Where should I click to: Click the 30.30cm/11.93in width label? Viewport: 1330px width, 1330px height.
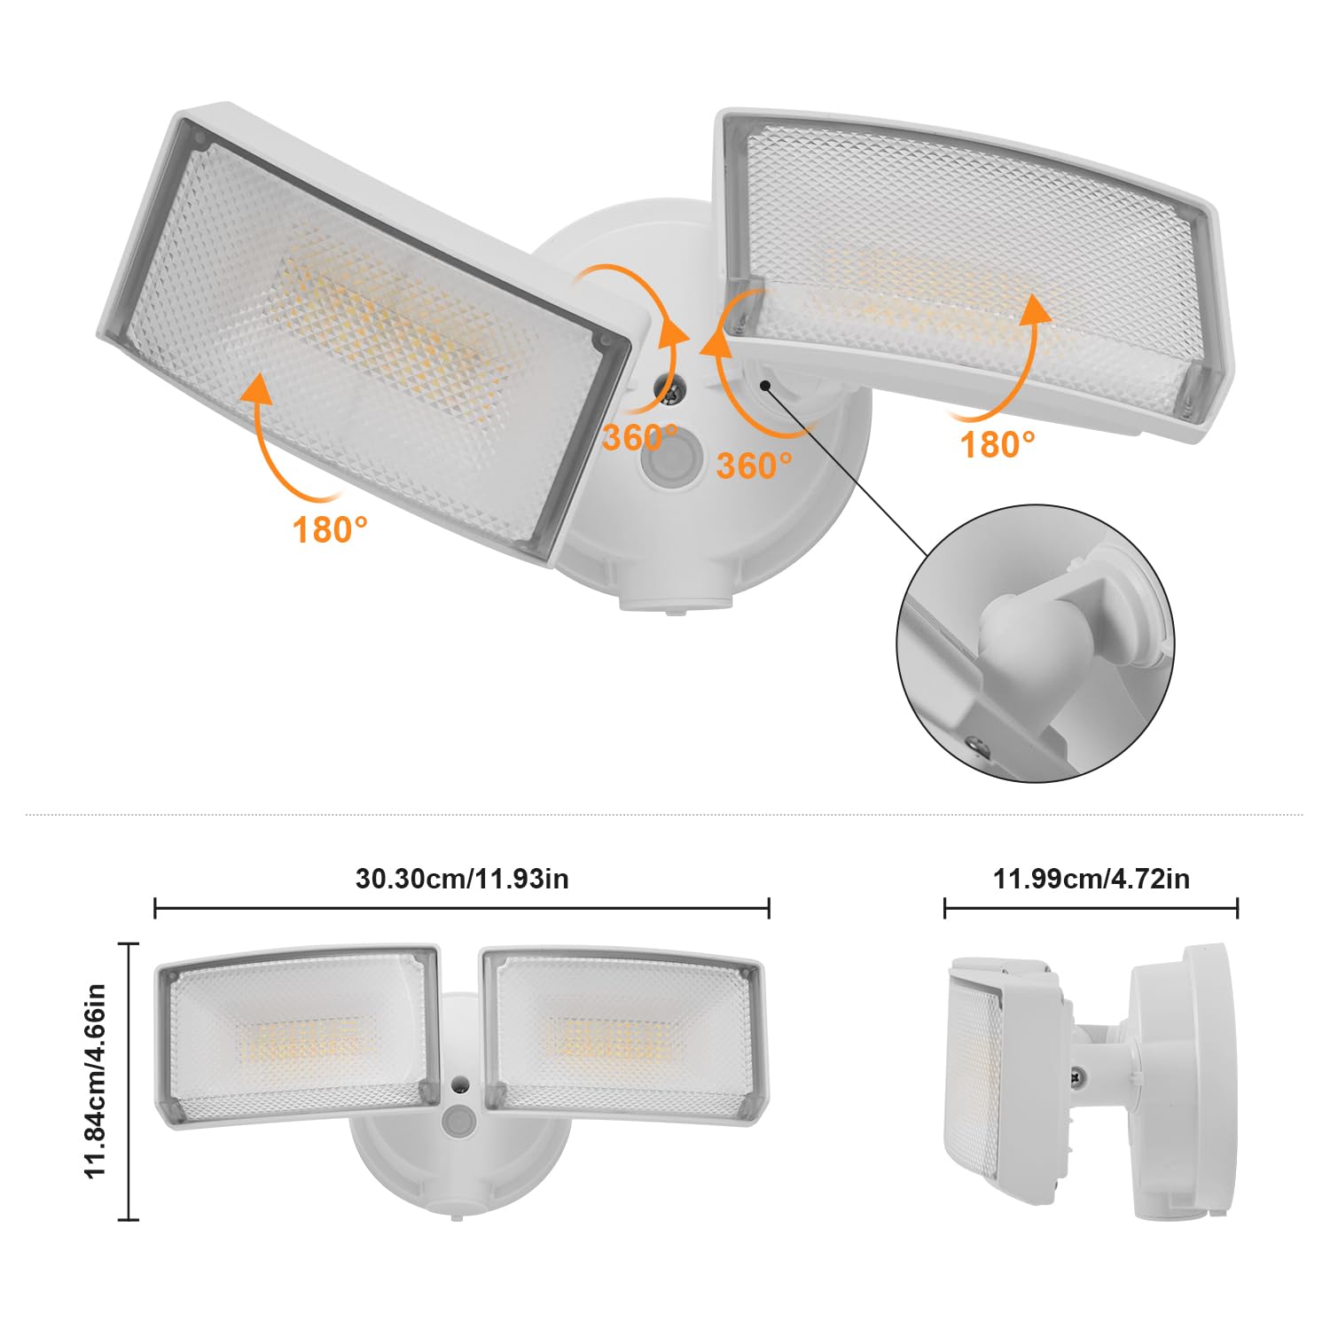coord(462,878)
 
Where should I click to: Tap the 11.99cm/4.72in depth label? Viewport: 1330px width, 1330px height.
coord(1091,878)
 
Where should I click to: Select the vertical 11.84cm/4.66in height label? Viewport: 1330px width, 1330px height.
coord(96,1079)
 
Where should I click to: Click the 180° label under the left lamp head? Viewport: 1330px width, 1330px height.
coord(330,529)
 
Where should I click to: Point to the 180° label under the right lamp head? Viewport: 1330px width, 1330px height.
coord(998,444)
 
